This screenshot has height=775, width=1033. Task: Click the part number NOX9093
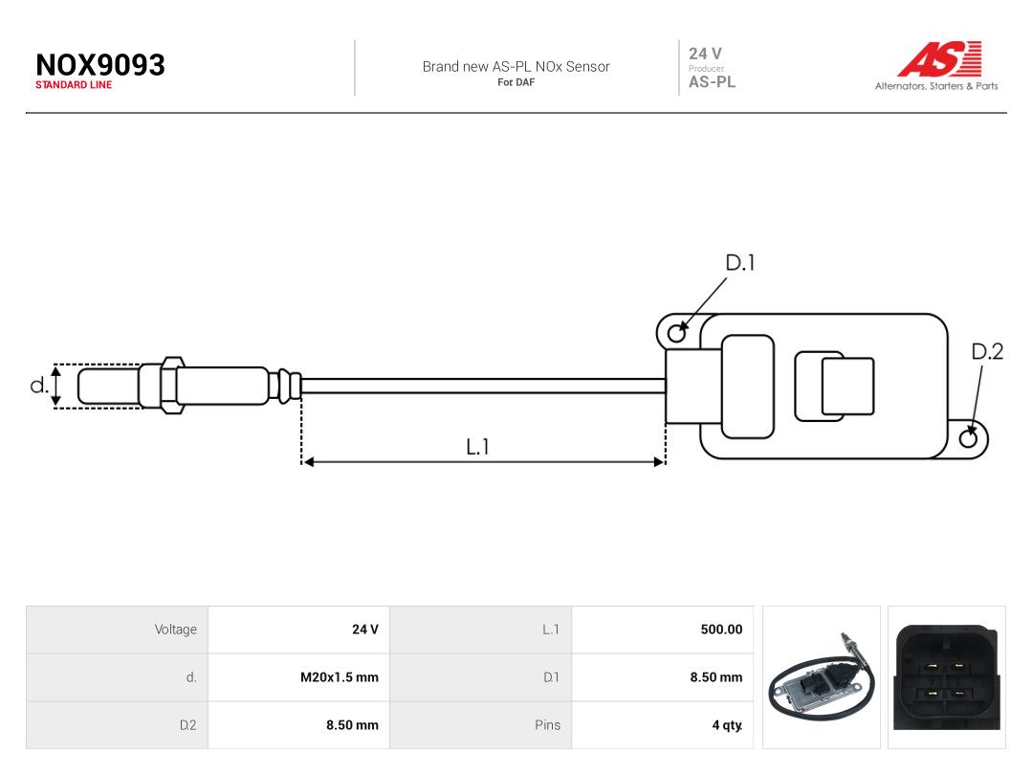(100, 65)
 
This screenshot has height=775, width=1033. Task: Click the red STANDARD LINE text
(74, 85)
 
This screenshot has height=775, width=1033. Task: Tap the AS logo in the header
(939, 58)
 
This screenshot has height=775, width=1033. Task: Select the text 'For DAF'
(516, 82)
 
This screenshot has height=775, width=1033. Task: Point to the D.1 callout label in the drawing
(739, 263)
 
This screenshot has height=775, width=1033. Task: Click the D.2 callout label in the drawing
(987, 352)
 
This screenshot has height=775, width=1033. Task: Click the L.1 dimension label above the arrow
(477, 447)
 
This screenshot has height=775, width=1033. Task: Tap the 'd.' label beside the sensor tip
(39, 385)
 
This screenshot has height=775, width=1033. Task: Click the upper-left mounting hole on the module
(676, 334)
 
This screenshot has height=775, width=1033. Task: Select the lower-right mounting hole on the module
(968, 438)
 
